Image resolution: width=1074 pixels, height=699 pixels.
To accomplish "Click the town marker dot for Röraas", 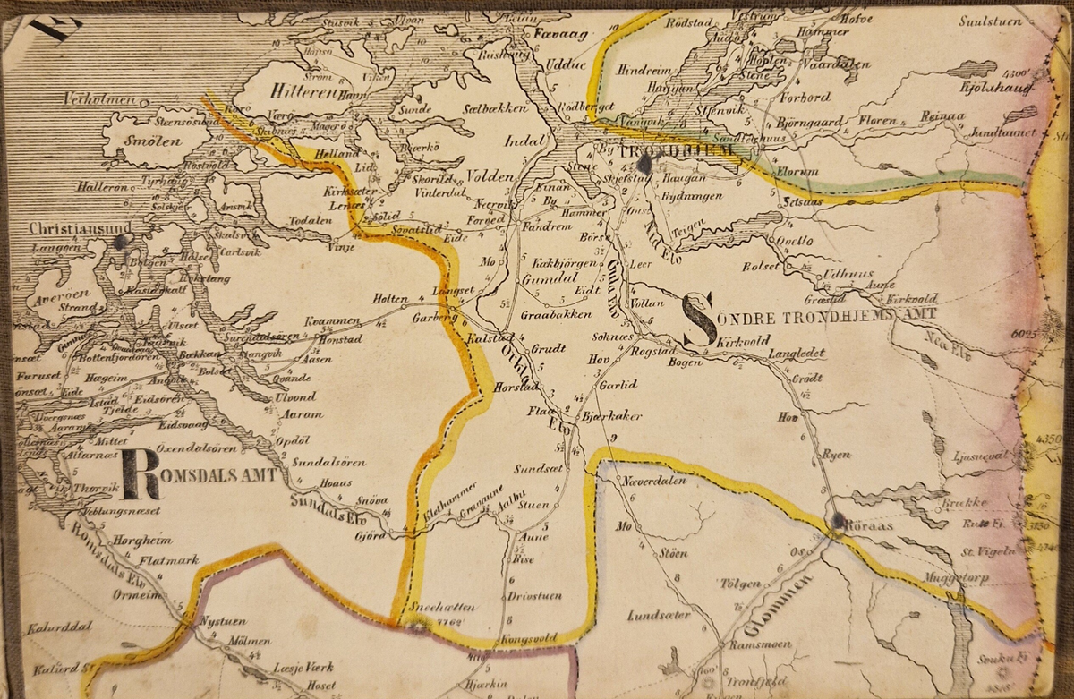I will click(x=838, y=520).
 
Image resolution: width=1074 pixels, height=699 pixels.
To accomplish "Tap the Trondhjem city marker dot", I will click(x=644, y=165).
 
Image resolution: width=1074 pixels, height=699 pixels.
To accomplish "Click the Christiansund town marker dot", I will click(x=123, y=241).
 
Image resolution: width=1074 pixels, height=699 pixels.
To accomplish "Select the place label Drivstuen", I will click(x=533, y=595).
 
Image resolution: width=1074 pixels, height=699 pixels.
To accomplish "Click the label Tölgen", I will click(x=740, y=584).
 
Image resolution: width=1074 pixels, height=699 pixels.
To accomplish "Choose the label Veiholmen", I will click(x=99, y=98).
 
